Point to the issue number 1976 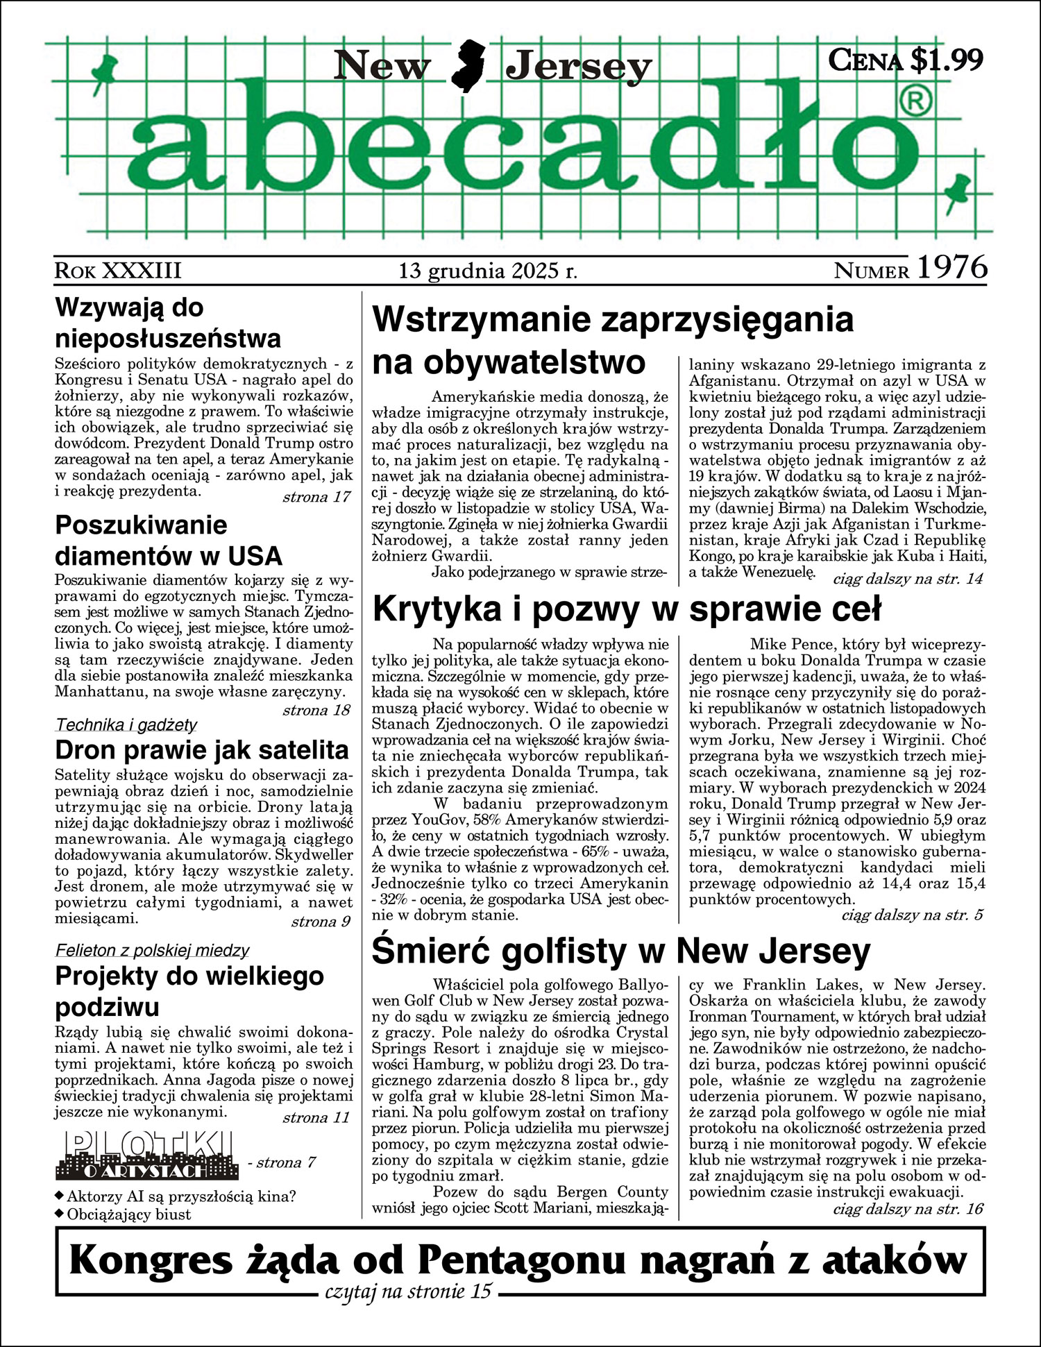[x=952, y=268]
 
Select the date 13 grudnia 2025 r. [x=488, y=270]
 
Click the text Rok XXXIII [x=118, y=270]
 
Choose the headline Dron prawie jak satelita [x=202, y=750]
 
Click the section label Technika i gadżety [x=126, y=725]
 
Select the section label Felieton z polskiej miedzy [x=152, y=950]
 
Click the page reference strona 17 [x=316, y=497]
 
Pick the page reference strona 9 [x=321, y=922]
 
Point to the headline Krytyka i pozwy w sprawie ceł [x=627, y=609]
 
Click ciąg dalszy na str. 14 [x=908, y=578]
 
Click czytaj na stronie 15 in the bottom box [x=408, y=1291]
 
